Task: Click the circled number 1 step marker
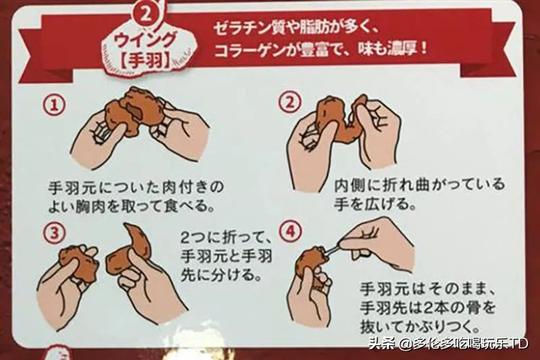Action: tap(54, 105)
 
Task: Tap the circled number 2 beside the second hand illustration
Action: tap(290, 102)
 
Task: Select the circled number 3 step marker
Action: tap(54, 233)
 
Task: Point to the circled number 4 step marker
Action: tap(291, 231)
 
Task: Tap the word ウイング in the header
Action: tap(144, 41)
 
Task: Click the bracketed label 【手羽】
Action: tap(145, 60)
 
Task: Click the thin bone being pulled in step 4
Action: tap(331, 251)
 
